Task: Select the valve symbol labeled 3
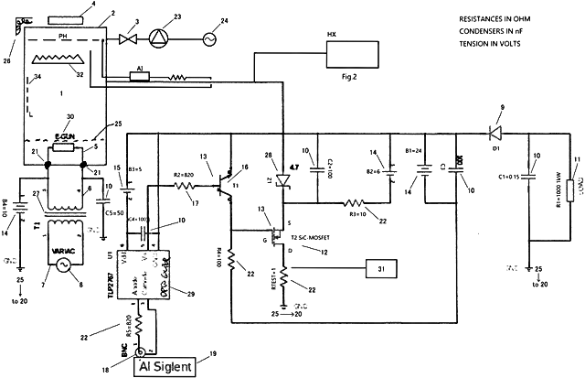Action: coord(127,39)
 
